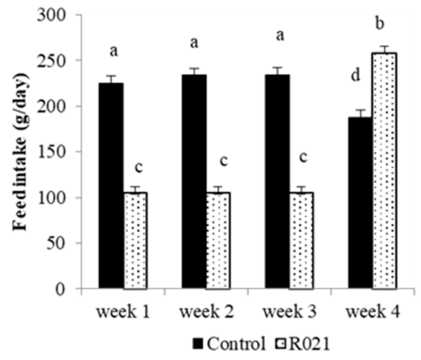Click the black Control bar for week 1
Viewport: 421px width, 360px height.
coord(111,186)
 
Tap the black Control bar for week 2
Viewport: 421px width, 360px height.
coord(194,182)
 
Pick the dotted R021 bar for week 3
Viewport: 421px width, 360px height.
coord(301,240)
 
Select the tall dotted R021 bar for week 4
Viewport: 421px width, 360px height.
coord(384,171)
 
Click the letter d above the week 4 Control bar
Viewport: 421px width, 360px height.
coord(355,76)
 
